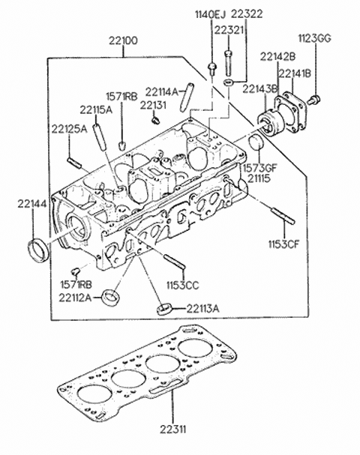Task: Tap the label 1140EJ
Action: [x=209, y=14]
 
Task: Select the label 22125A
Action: [x=70, y=129]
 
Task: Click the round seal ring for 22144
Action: [x=36, y=250]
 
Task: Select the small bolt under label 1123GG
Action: [x=315, y=98]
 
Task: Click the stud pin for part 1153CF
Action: [x=283, y=215]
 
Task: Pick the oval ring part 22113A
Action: [x=165, y=307]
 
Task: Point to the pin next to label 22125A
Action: [x=73, y=160]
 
